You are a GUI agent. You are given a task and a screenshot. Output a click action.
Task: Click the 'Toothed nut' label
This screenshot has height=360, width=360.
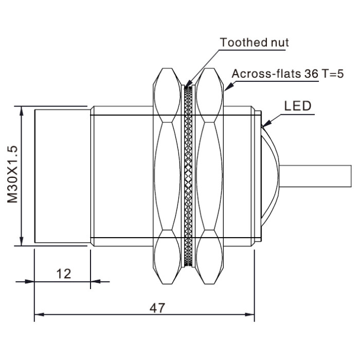254,43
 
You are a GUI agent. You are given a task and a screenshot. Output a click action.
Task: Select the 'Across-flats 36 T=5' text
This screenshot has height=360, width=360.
287,74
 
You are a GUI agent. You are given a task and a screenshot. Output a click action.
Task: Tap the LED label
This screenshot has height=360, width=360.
298,106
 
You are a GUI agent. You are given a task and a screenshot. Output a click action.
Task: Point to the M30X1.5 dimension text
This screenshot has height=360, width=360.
12,174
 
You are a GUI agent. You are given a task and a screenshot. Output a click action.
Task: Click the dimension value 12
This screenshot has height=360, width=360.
64,274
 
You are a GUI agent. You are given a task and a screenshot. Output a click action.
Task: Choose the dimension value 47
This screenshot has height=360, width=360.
157,308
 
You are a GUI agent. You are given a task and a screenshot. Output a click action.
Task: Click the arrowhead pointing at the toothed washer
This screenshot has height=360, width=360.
188,83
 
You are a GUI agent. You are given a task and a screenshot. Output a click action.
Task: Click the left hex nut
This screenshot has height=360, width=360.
167,176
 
